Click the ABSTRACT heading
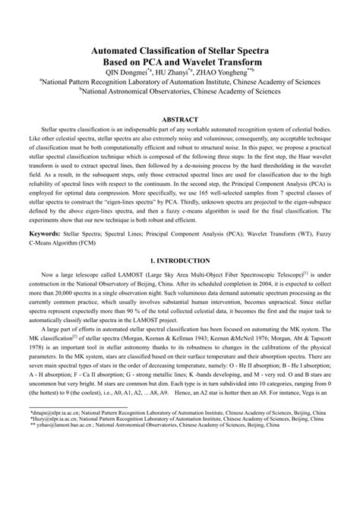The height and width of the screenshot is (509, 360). click(180, 119)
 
